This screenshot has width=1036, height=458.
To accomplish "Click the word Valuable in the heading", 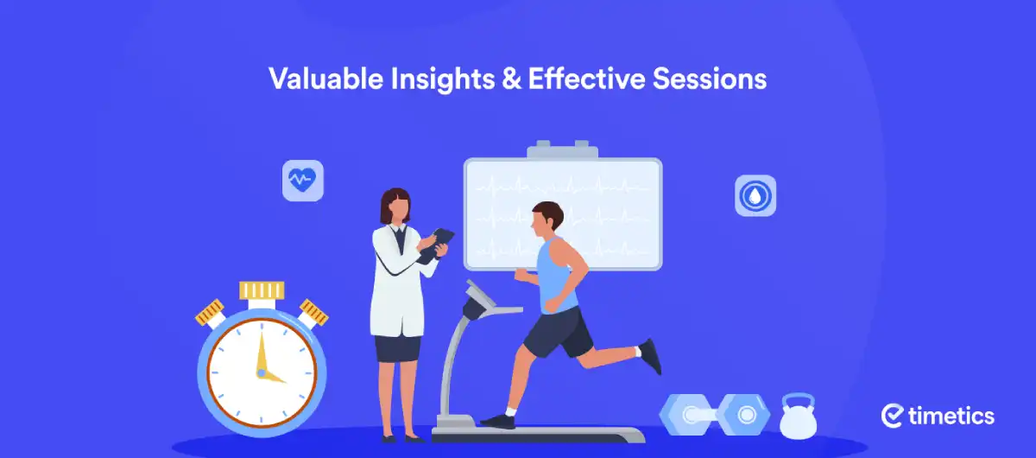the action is coord(326,79).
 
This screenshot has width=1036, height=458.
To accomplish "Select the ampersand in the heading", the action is coord(511,80).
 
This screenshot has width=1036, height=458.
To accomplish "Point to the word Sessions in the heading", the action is coord(710,80).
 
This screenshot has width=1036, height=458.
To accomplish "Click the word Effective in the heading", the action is coord(586,79).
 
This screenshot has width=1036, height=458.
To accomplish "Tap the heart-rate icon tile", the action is coord(303,181).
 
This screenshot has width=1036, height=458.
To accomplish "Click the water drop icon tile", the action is coord(755,195).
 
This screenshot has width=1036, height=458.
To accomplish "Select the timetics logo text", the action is coord(951,416).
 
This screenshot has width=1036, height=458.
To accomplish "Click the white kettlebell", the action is coord(799,417).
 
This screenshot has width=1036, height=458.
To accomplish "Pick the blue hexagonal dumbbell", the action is coord(715,415).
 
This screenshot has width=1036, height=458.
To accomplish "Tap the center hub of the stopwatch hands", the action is coord(262,372).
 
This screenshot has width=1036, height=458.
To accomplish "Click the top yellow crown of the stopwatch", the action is coord(262,290).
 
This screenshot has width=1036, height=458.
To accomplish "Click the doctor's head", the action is coord(395,206).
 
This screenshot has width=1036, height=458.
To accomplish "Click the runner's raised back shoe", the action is coord(651,356).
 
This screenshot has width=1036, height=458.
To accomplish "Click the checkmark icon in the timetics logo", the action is coord(892,416).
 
